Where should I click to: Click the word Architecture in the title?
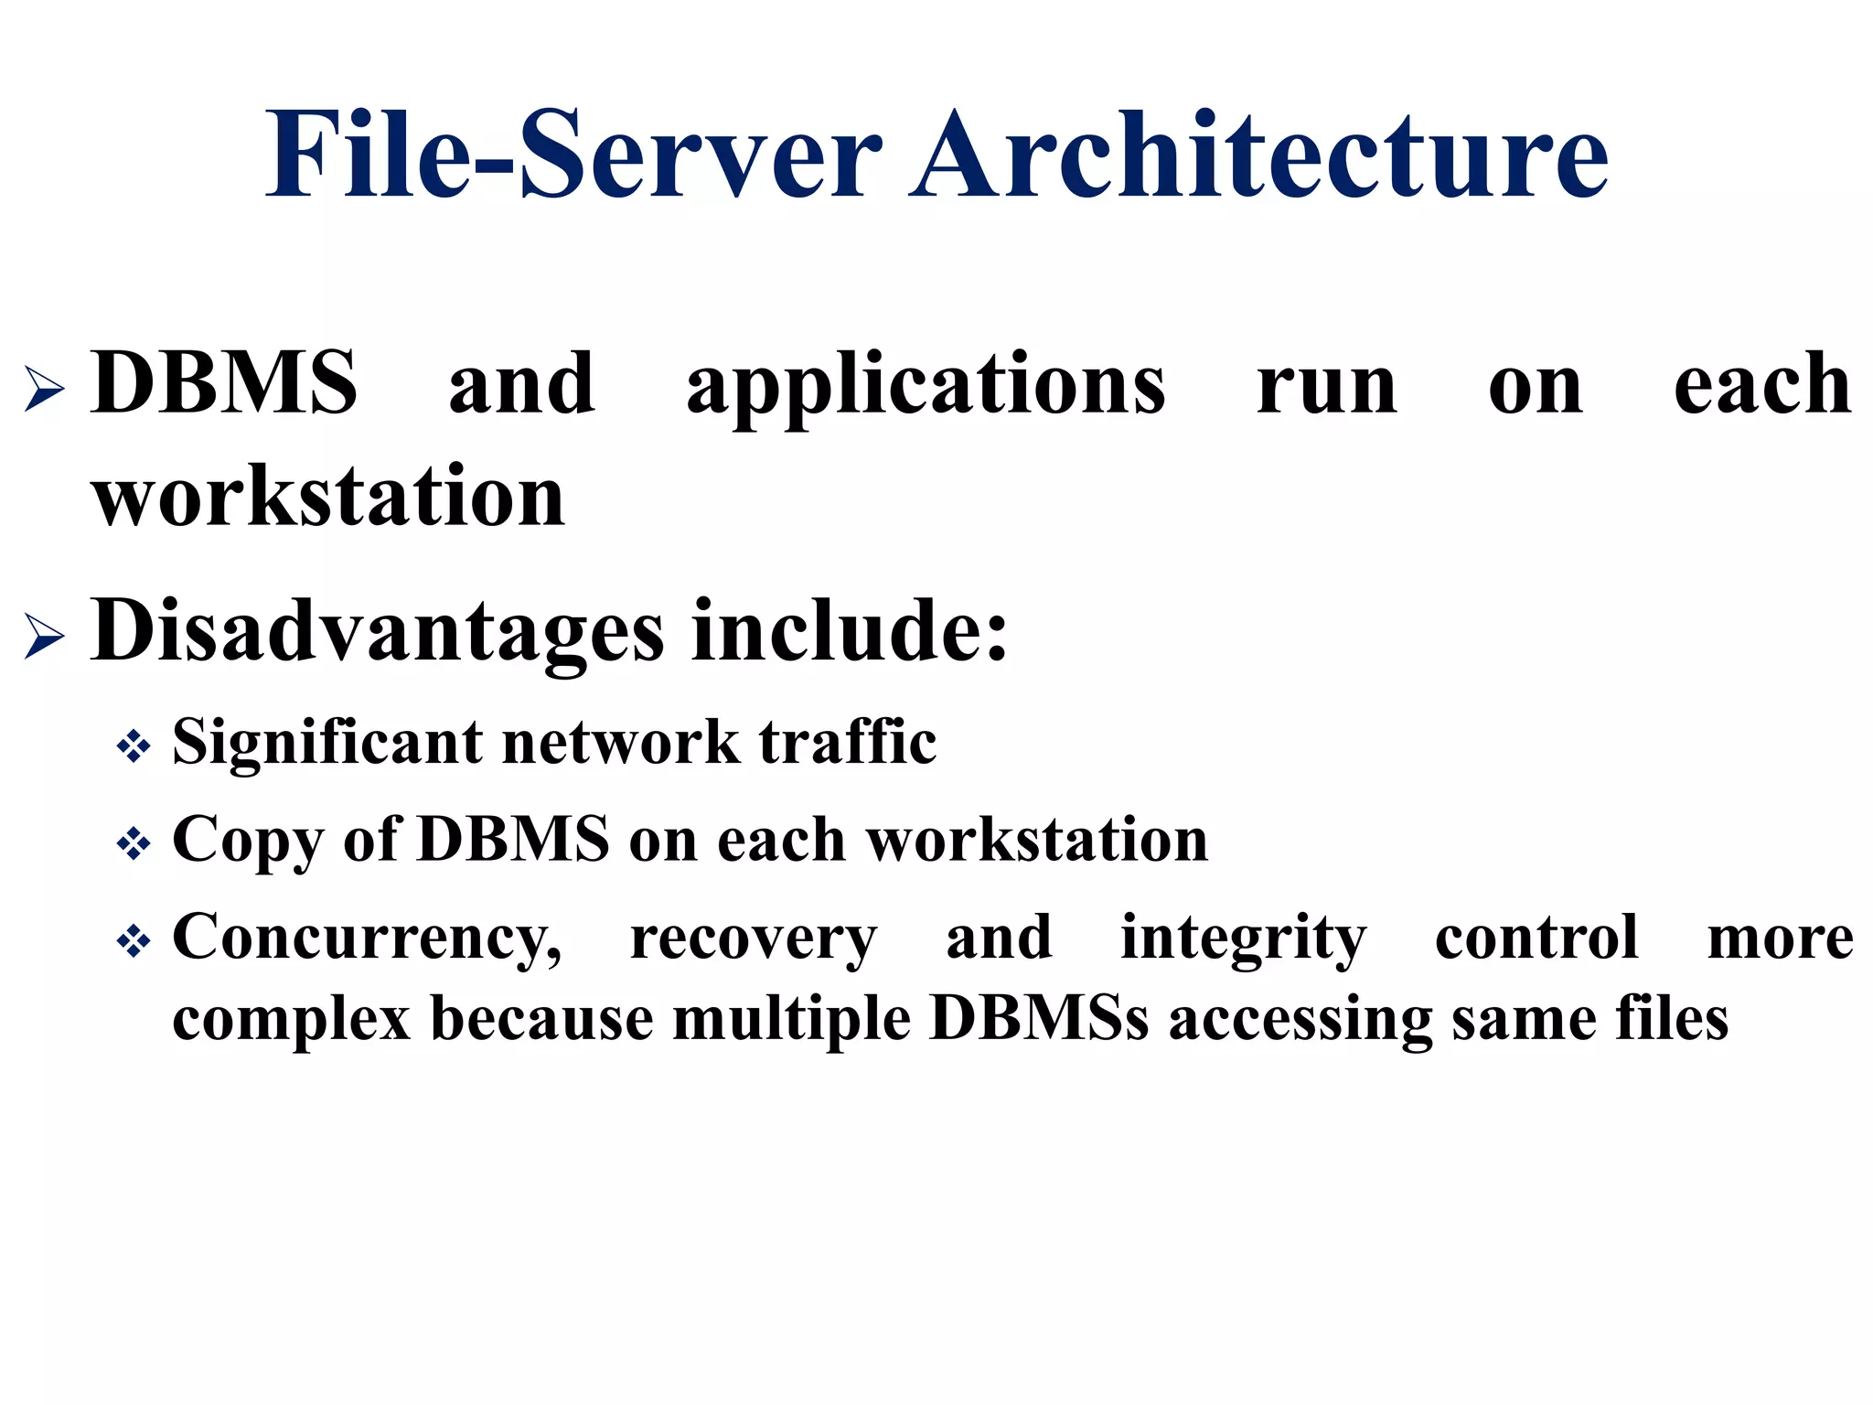tap(1258, 156)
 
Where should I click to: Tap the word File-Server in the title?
tap(574, 156)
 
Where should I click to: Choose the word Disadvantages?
tap(378, 631)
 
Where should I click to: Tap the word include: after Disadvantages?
tap(850, 631)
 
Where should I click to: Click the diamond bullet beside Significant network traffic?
tap(134, 746)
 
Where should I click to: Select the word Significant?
tap(327, 743)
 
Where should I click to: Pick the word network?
tap(621, 743)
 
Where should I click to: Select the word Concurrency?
tap(367, 939)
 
